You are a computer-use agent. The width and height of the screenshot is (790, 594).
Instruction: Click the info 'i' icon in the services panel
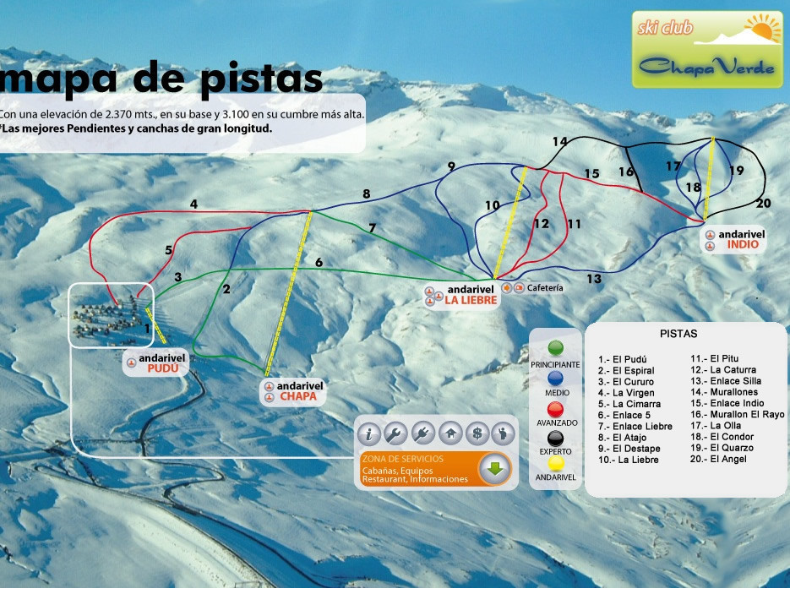pos(368,434)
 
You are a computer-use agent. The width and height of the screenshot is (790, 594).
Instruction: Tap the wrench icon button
pos(395,434)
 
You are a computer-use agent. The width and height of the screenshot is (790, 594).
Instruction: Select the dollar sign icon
pos(477,434)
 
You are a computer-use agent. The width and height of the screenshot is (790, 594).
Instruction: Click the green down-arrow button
pos(495,469)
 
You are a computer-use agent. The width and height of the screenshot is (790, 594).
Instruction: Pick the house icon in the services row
pos(450,434)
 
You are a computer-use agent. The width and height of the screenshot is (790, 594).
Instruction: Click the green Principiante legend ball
pos(555,347)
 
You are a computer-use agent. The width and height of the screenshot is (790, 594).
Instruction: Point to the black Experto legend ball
pos(555,439)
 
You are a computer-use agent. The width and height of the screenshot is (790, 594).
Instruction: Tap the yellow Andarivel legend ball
pos(555,463)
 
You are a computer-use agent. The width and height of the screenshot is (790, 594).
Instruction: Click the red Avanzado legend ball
pos(555,409)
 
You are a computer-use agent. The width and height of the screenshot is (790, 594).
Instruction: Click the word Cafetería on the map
pos(544,288)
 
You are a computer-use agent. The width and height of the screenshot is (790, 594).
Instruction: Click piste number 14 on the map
pos(560,141)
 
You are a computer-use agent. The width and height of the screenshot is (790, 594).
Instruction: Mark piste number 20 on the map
pos(764,203)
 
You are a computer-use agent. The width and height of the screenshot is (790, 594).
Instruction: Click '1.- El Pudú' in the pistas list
pos(622,359)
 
